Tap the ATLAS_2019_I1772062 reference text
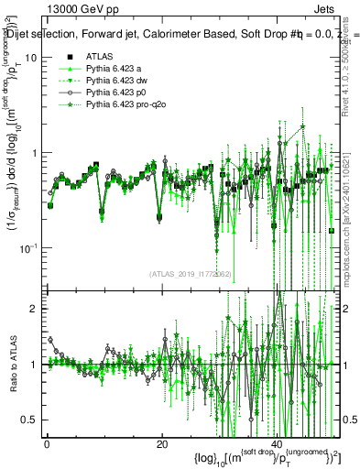(191, 274)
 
